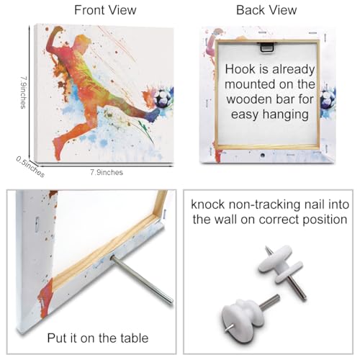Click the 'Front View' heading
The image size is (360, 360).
pyautogui.click(x=105, y=10)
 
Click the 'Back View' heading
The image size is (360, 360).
pyautogui.click(x=266, y=10)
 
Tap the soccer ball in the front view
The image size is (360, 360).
pyautogui.click(x=163, y=99)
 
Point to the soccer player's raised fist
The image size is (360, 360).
pyautogui.click(x=57, y=31)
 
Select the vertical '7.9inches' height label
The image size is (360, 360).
pyautogui.click(x=23, y=93)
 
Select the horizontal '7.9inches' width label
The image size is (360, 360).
pyautogui.click(x=107, y=172)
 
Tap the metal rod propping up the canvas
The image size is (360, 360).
pyautogui.click(x=142, y=279)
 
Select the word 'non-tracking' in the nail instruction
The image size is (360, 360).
pyautogui.click(x=264, y=205)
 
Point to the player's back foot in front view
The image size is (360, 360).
pyautogui.click(x=58, y=149)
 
